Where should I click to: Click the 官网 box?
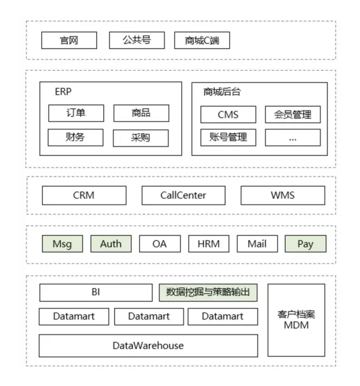pos(69,40)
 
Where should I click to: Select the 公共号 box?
pos(137,40)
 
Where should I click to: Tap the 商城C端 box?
pos(202,40)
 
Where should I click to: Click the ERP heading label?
pos(63,92)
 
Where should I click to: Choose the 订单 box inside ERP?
pos(76,113)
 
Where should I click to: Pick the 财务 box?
pos(76,137)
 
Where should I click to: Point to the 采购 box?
pos(141,138)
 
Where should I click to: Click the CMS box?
pos(228,115)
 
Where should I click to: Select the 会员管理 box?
pos(293,115)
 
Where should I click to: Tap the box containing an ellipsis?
pos(293,137)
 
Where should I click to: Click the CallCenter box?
pos(184,196)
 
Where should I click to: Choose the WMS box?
pos(283,196)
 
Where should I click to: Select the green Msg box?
pos(62,244)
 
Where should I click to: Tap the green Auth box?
pos(111,244)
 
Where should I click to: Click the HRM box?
pos(209,244)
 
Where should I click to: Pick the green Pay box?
pos(305,244)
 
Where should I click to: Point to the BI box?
pos(96,293)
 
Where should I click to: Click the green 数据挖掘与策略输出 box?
pos(208,293)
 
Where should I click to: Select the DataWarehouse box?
pos(148,346)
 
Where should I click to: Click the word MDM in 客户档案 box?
pos(296,325)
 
